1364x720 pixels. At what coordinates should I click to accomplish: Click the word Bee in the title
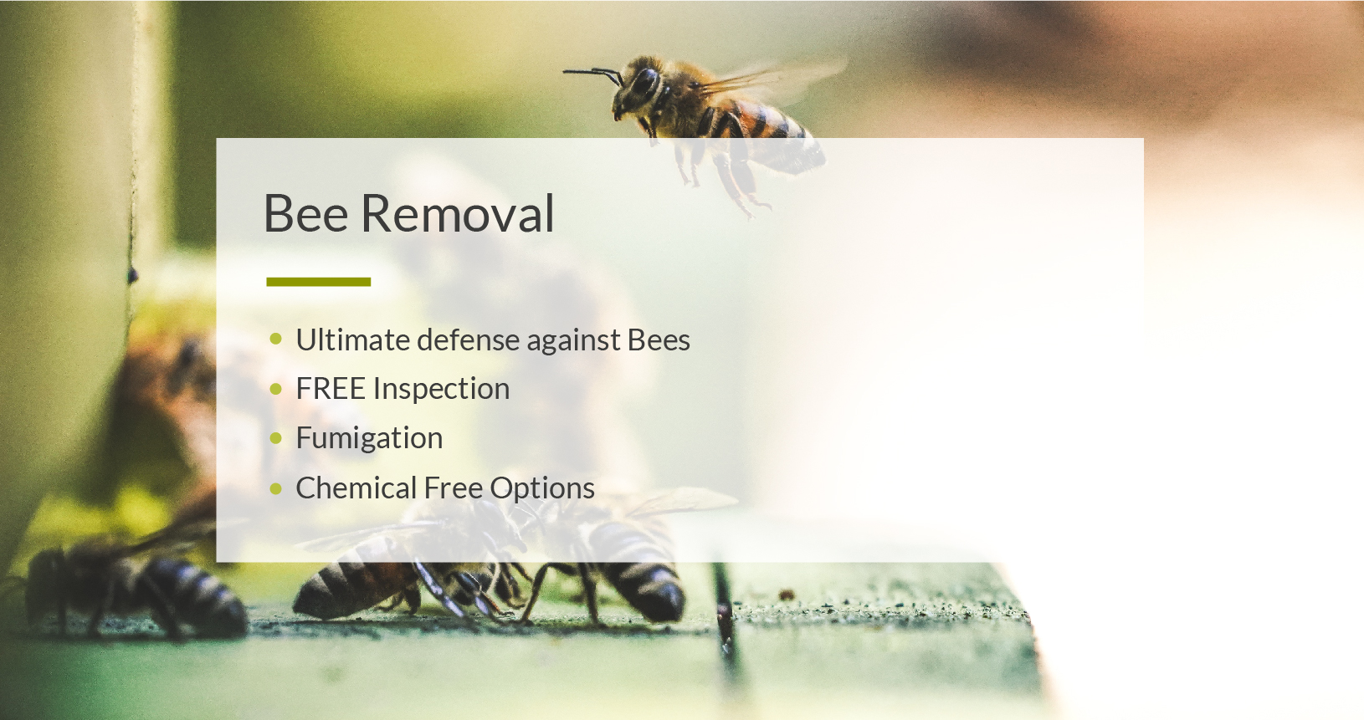tap(305, 213)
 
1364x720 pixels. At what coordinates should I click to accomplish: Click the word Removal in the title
tap(457, 213)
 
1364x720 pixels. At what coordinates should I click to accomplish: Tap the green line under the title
tap(319, 282)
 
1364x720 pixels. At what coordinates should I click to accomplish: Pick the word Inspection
tap(442, 389)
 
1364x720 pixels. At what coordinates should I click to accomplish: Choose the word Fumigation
tap(369, 438)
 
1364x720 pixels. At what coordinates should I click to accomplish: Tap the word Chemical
tap(356, 488)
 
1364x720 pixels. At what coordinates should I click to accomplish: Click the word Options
tap(542, 488)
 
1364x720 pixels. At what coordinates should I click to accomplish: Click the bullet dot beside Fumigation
tap(276, 437)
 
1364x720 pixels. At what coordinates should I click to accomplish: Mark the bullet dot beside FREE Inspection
tap(276, 388)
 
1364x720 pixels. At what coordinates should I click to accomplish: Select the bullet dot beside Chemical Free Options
tap(276, 488)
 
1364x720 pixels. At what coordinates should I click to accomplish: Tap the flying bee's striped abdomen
tap(773, 137)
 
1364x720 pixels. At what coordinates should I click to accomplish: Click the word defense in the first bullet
tap(469, 340)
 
